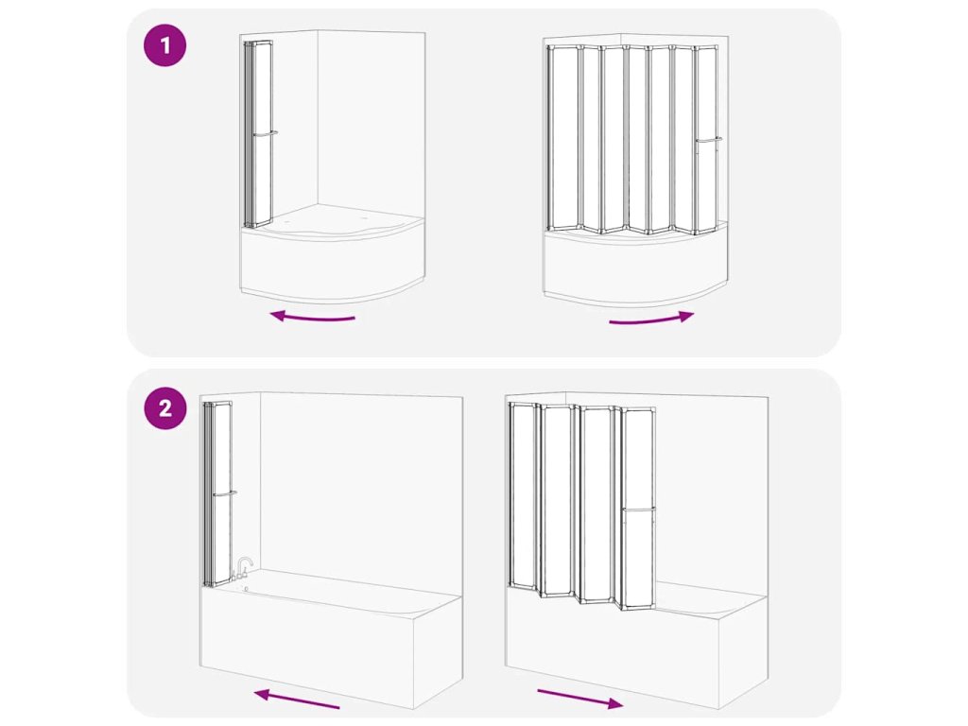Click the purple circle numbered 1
[x=164, y=45]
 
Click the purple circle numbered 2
[x=164, y=408]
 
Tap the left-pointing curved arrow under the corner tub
[x=312, y=318]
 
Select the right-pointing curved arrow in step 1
[x=651, y=319]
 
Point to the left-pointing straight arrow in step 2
[x=296, y=699]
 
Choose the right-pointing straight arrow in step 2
[x=580, y=699]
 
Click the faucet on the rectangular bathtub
[x=244, y=567]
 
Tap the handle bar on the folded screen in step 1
[x=265, y=132]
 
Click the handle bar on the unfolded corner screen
[x=709, y=140]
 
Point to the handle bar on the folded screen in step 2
[x=225, y=493]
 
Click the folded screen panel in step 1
[x=258, y=133]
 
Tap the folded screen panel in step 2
[x=217, y=493]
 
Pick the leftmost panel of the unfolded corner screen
[x=562, y=138]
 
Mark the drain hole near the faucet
[x=247, y=589]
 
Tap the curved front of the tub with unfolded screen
[x=636, y=270]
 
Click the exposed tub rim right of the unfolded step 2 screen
[x=710, y=597]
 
